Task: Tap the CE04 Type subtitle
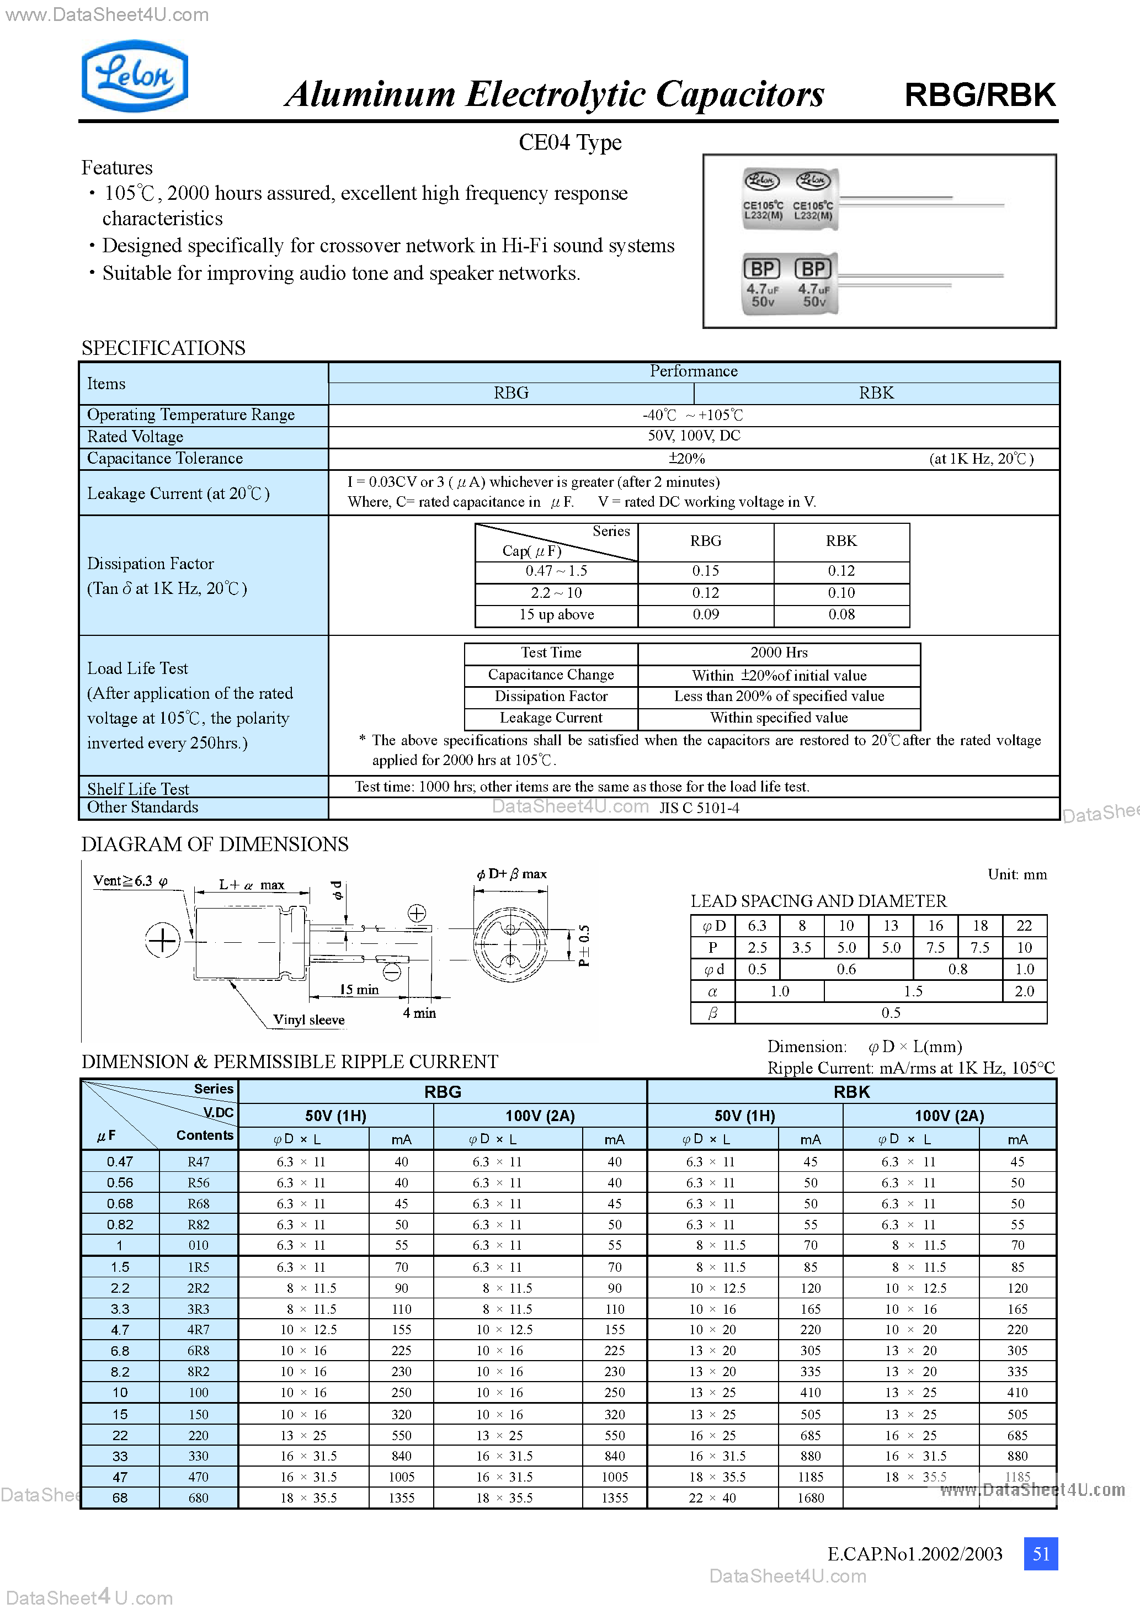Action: tap(569, 142)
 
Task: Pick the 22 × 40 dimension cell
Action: tap(712, 1498)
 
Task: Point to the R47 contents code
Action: tap(198, 1162)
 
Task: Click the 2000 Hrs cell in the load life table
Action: tap(779, 652)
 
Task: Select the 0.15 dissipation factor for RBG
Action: tap(705, 571)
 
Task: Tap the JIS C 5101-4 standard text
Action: tap(699, 808)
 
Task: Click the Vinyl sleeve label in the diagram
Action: tap(308, 1020)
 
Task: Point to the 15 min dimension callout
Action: tap(359, 989)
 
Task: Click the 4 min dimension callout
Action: tap(419, 1013)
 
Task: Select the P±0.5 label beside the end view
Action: tap(584, 946)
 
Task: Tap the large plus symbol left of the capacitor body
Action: tap(162, 941)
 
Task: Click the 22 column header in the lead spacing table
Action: tap(1024, 926)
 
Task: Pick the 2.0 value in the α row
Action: tap(1024, 991)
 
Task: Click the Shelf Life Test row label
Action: tap(138, 789)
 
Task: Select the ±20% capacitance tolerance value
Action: tap(686, 458)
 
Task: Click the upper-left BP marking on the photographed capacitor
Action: tap(762, 268)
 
